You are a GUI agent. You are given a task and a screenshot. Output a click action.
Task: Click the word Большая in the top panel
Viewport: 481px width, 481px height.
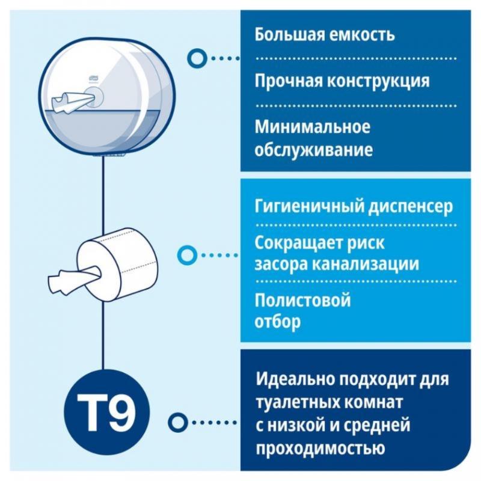(289, 35)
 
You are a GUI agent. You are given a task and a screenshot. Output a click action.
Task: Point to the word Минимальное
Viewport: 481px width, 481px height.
(312, 127)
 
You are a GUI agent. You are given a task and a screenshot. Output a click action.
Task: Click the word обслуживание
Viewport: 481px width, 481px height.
(313, 150)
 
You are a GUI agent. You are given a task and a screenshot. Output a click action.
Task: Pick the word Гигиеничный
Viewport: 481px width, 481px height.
(309, 206)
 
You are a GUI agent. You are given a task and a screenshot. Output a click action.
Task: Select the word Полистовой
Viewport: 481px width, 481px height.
(302, 299)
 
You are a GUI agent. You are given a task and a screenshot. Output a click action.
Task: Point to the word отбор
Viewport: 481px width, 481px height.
(278, 322)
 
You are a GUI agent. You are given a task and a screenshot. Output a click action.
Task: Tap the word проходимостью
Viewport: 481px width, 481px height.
(320, 448)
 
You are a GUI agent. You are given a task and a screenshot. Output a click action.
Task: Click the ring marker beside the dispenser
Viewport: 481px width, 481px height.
(196, 58)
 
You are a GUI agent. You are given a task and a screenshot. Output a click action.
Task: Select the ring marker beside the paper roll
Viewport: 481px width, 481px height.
(187, 255)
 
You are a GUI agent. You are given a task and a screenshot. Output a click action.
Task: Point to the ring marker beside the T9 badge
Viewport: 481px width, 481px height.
(177, 423)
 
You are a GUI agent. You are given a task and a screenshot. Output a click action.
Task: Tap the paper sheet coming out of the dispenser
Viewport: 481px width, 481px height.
(72, 100)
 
